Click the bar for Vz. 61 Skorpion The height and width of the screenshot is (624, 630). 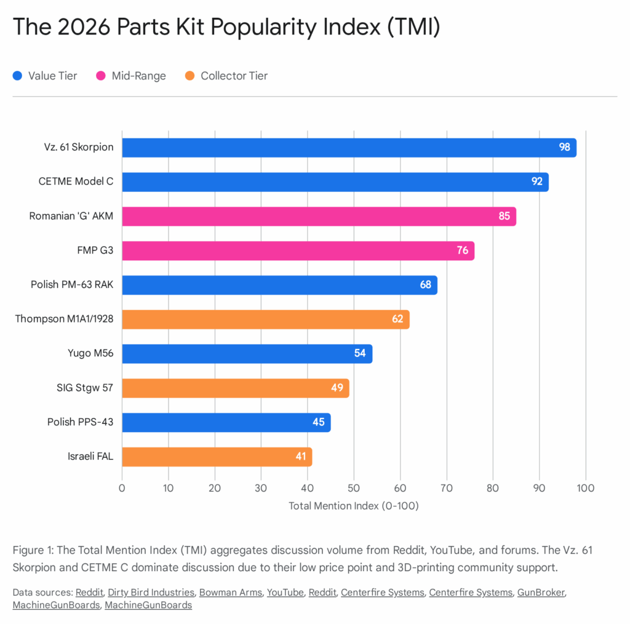coord(349,148)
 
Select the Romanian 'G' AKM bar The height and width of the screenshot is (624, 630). coord(319,217)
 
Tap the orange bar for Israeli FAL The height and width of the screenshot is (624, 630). coord(217,457)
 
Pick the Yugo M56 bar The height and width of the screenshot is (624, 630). coord(247,354)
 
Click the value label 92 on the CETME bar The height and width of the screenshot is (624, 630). coord(537,182)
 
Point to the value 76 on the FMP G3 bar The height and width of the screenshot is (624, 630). coord(463,250)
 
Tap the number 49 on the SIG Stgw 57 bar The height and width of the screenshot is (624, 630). coord(338,388)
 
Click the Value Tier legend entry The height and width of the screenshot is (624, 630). coord(45,76)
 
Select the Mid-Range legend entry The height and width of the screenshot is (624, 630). coord(130,76)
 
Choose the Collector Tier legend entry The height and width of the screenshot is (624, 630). coord(226,76)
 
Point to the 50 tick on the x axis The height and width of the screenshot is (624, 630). coord(354,489)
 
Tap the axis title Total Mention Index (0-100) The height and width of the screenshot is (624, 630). coord(353,506)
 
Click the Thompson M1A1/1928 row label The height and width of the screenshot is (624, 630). coord(68,319)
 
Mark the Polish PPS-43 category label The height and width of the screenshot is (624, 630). coord(81,422)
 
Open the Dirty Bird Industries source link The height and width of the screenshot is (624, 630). coord(151,593)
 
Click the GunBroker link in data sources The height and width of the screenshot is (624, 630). coord(541,593)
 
